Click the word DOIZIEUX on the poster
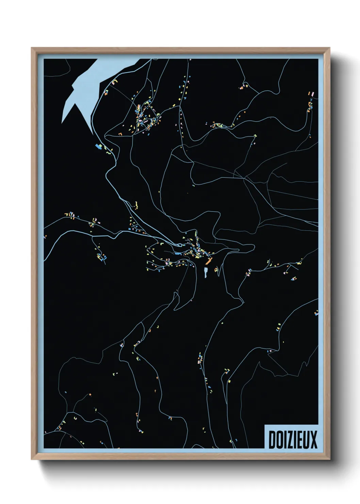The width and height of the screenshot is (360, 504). pos(293,440)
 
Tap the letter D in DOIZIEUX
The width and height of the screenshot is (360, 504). pos(273,440)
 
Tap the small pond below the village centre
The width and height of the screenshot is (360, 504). pos(206,272)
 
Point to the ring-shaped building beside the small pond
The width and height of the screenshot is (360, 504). pos(215,270)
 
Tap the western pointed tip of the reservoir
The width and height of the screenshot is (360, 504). pos(62,123)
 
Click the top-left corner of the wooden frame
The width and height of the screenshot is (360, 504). pos(32,48)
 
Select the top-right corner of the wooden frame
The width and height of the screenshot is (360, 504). pos(329,48)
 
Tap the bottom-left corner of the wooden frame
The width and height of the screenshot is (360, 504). pos(32,459)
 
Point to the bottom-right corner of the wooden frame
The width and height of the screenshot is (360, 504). pos(329,459)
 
